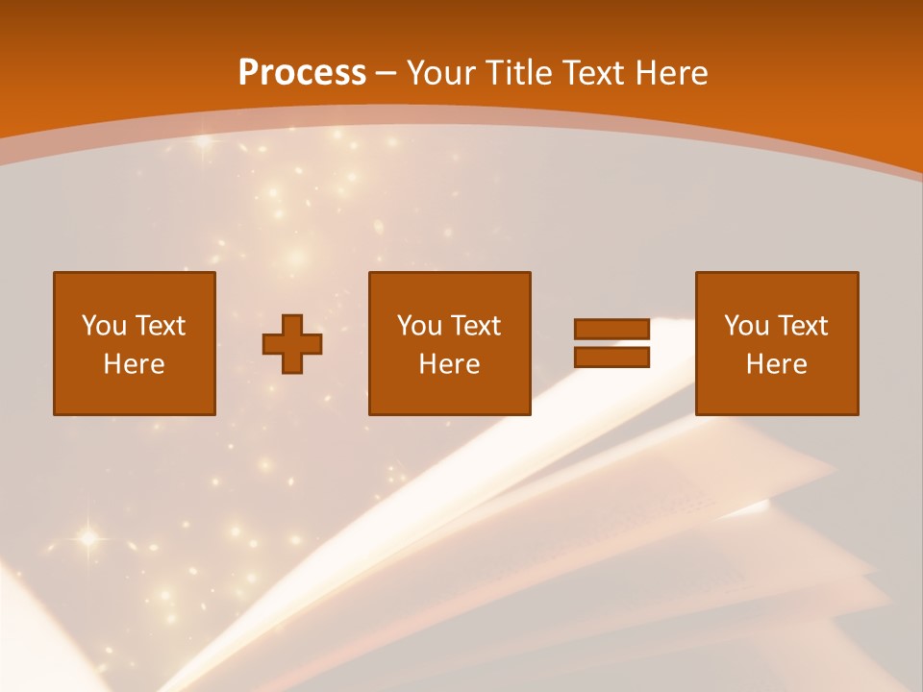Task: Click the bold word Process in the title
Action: pos(302,73)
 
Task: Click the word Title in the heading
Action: pos(519,73)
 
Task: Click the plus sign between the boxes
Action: pos(292,343)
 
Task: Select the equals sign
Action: pos(611,343)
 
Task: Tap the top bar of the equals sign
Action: pos(611,329)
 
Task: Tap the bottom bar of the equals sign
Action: pos(611,358)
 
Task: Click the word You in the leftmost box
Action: pos(103,326)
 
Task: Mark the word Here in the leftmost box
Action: pos(135,364)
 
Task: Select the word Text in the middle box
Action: pos(475,326)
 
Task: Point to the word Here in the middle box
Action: pos(450,364)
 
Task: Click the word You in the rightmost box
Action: pos(745,326)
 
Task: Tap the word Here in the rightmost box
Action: pos(777,364)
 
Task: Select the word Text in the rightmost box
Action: pos(802,326)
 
